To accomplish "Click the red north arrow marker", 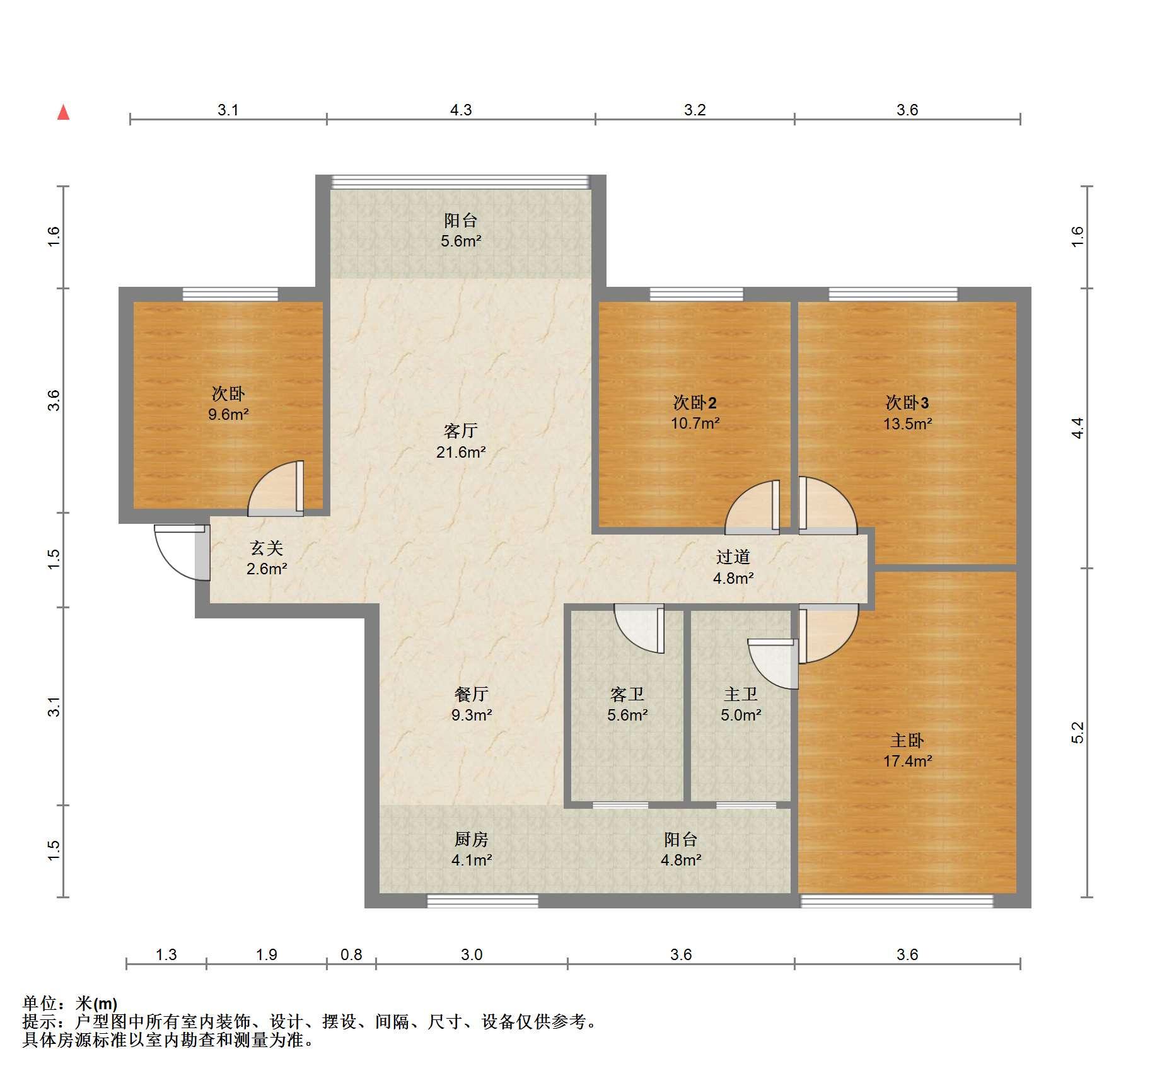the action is coord(63,112).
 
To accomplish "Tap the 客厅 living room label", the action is coord(461,431).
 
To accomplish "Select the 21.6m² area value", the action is coord(461,452).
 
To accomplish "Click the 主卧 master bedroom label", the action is coord(907,740).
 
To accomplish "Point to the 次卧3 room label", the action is coord(907,402).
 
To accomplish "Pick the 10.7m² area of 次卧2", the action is coord(695,423).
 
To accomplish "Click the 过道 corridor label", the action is coord(733,557).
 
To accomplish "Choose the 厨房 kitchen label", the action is coord(472,839).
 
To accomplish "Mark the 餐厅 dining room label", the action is coord(472,694).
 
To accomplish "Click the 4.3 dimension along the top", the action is coord(461,110).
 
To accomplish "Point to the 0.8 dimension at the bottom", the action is coord(351,954).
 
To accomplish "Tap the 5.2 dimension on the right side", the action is coord(1077,732).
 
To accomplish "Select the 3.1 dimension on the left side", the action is coord(55,706).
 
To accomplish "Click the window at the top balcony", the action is coord(461,182).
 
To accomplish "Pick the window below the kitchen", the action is coord(483,901).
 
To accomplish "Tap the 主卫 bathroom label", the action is coord(741,694).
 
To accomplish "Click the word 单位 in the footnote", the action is coord(40,1003).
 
